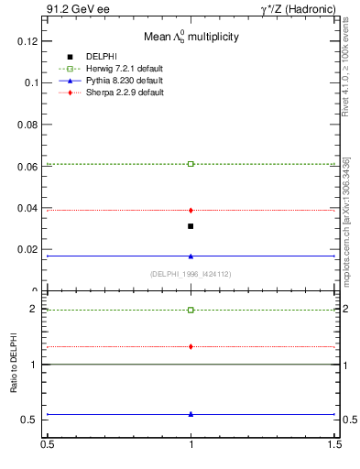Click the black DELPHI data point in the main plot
pyautogui.click(x=191, y=226)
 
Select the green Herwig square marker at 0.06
pyautogui.click(x=191, y=164)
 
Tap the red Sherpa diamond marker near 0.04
pyautogui.click(x=191, y=211)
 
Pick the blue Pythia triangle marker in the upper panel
pyautogui.click(x=191, y=256)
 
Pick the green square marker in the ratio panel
pyautogui.click(x=191, y=310)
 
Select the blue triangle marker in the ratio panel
pyautogui.click(x=191, y=414)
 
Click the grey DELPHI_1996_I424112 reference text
pyautogui.click(x=190, y=274)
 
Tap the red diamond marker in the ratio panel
pyautogui.click(x=191, y=346)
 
